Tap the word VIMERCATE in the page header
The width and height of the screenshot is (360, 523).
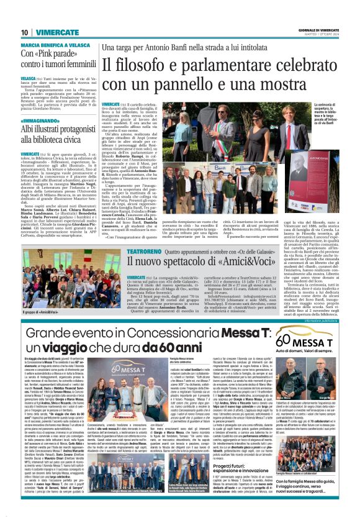tap(57, 32)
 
